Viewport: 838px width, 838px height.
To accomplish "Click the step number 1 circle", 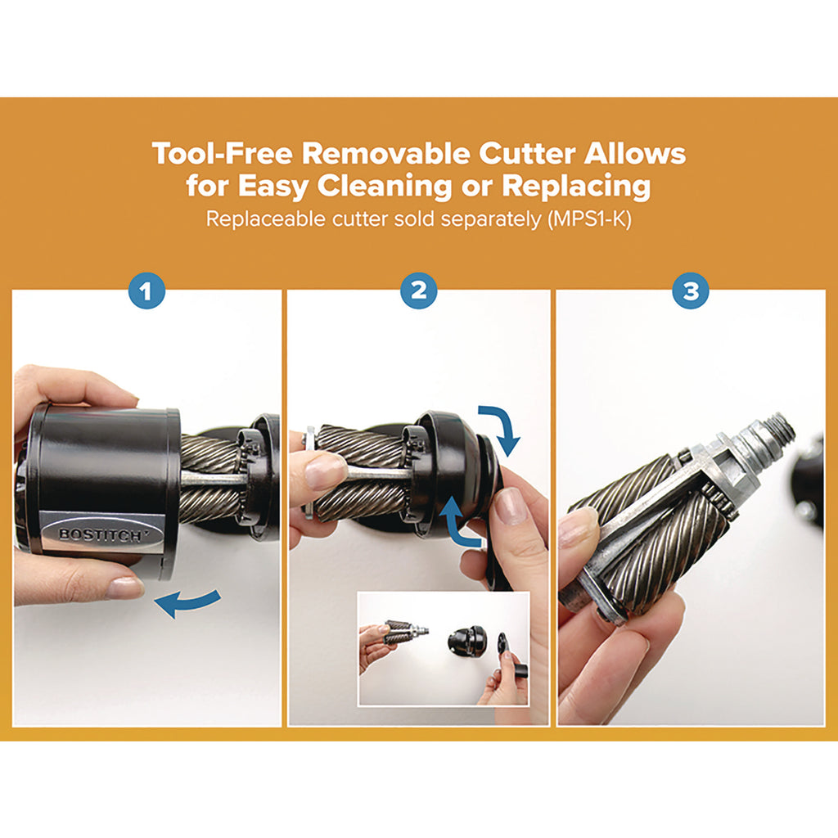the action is [x=146, y=291].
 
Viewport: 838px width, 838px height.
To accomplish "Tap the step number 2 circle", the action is [x=419, y=291].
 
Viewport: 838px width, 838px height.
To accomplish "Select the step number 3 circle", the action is [x=691, y=291].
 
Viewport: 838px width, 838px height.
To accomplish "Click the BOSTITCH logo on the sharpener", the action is [x=100, y=534].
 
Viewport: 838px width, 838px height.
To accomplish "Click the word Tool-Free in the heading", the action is [x=223, y=154].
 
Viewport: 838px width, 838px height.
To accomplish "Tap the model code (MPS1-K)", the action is [x=589, y=219].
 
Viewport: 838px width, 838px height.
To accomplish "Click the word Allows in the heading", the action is [x=635, y=154].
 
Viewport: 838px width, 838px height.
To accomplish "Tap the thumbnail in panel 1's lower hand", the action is [x=124, y=588].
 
